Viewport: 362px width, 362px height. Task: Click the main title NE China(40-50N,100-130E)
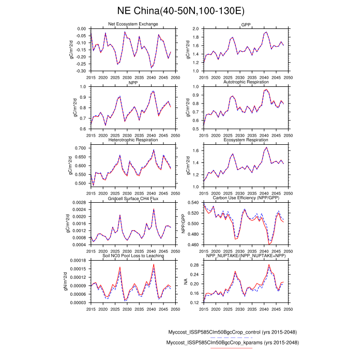tap(181, 11)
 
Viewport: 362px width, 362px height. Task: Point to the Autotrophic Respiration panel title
tap(246, 82)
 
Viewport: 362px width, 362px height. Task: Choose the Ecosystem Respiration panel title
tap(246, 140)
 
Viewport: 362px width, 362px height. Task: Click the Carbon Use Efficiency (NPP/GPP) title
tap(246, 198)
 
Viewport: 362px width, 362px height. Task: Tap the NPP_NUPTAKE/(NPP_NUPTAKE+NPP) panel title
tap(246, 256)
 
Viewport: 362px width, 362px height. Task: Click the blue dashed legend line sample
tap(232, 337)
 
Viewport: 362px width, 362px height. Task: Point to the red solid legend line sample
tap(232, 348)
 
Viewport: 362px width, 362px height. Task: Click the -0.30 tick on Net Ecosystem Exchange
tap(82, 70)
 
